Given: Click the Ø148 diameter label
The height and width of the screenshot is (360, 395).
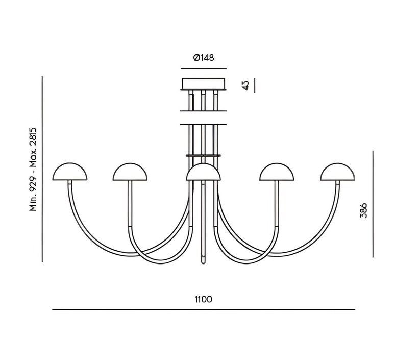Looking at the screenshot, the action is click(x=203, y=58).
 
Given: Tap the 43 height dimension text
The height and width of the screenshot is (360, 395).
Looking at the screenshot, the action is click(x=245, y=85).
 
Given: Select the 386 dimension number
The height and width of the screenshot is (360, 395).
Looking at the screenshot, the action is click(x=363, y=210).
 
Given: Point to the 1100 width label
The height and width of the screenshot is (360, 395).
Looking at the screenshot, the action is click(x=203, y=299).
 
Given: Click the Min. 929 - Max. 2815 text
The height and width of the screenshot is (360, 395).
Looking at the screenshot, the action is click(x=33, y=169).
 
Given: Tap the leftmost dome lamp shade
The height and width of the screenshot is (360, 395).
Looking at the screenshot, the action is click(x=70, y=172).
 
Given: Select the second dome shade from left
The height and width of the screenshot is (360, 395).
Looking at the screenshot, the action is click(x=130, y=172).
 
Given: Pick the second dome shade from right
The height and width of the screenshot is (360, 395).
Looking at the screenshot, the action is click(x=277, y=172).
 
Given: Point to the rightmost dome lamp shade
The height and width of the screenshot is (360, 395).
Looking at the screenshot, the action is click(x=337, y=172).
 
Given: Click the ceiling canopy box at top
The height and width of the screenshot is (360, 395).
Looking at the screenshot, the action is click(x=203, y=83).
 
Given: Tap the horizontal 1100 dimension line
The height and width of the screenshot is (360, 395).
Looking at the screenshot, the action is click(x=203, y=310).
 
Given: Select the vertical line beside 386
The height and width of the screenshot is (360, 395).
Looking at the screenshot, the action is click(x=373, y=204).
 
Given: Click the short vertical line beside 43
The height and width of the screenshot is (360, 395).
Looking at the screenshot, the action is click(x=255, y=85).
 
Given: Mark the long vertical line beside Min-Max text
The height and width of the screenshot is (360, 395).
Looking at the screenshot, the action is click(x=42, y=169).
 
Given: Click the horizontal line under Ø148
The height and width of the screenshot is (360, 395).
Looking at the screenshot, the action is click(x=203, y=68).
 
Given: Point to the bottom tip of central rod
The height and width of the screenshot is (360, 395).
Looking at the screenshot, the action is click(x=203, y=261).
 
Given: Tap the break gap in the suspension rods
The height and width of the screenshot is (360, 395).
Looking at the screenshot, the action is click(x=203, y=117).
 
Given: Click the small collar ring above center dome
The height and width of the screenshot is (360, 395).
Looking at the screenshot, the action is click(x=203, y=155).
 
